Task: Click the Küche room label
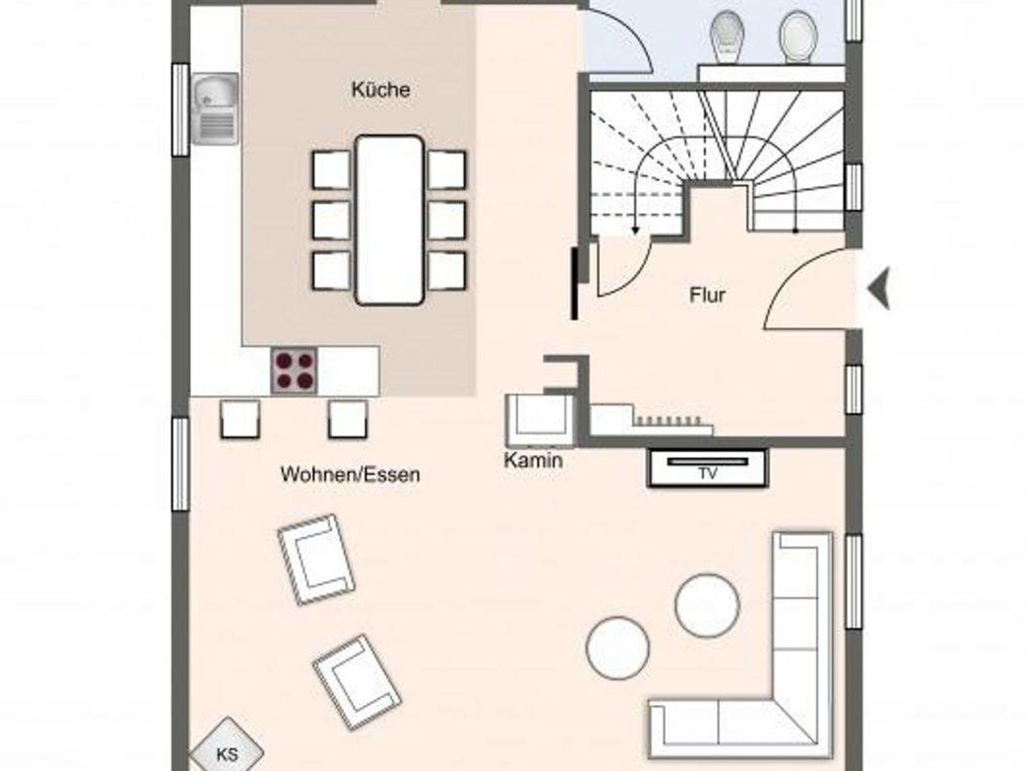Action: tap(381, 90)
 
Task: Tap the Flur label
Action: tap(707, 295)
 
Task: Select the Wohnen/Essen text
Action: tap(350, 474)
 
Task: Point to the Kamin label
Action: tap(533, 460)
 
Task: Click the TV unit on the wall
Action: tap(708, 468)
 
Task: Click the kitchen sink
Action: tap(215, 108)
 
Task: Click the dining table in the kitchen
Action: tap(390, 220)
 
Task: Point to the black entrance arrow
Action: tap(879, 289)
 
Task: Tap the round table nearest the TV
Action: tap(707, 606)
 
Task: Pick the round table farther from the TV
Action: tap(618, 648)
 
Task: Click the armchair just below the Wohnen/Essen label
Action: tap(316, 559)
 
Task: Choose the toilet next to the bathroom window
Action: tap(798, 38)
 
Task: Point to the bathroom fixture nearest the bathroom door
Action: tap(727, 38)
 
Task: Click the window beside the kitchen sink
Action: tap(180, 109)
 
